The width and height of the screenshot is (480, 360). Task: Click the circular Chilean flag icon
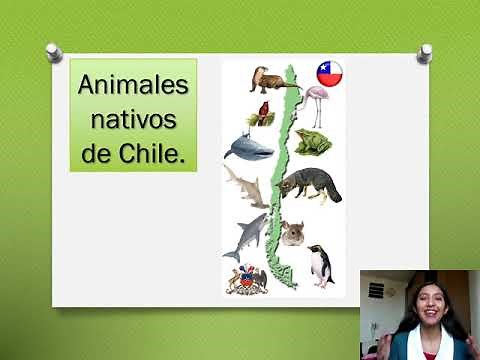pyautogui.click(x=329, y=72)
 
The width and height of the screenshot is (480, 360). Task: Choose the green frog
pyautogui.click(x=313, y=142)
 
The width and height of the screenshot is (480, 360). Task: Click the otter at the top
pyautogui.click(x=270, y=80)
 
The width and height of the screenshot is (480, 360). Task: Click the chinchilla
pyautogui.click(x=293, y=233)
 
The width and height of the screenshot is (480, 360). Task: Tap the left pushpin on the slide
pyautogui.click(x=54, y=50)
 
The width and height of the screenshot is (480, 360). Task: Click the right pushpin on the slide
pyautogui.click(x=425, y=51)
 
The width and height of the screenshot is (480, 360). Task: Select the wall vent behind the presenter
pyautogui.click(x=377, y=290)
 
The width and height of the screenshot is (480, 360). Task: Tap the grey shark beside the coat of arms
pyautogui.click(x=250, y=236)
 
